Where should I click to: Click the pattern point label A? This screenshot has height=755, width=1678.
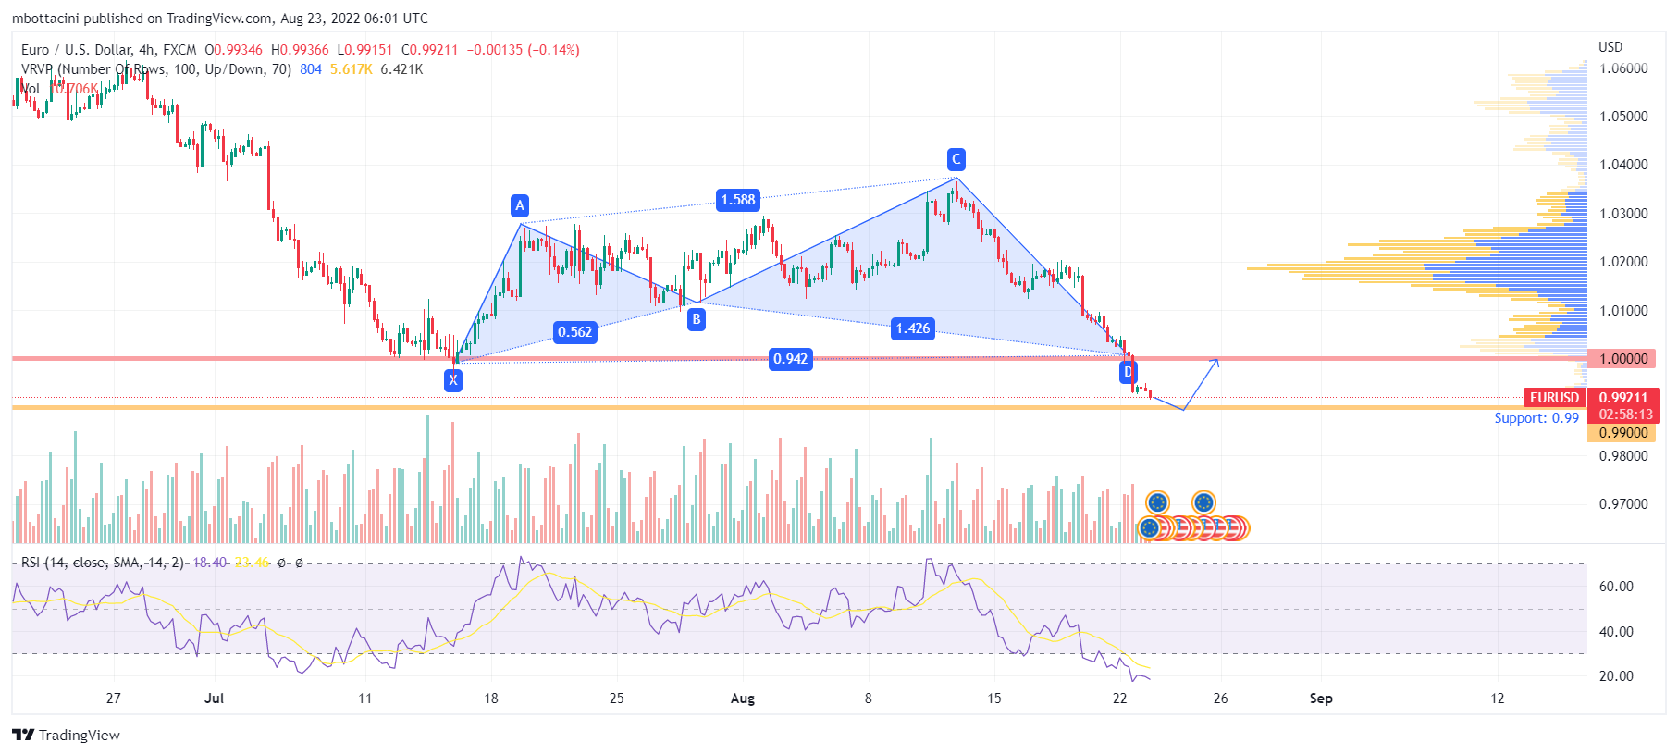point(519,205)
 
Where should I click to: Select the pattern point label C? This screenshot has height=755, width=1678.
point(956,159)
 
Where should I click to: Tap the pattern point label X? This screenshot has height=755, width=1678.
point(453,379)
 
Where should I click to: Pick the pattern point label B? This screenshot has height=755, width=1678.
point(697,319)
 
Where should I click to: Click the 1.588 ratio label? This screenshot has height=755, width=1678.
point(738,200)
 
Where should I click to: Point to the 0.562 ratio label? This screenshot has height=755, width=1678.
point(574,332)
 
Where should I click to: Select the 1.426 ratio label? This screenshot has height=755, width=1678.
point(913,328)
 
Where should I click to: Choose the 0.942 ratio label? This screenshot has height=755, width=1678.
point(791,359)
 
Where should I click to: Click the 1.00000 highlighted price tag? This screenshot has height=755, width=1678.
point(1623,359)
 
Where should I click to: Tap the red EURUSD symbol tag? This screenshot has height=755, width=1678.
point(1554,398)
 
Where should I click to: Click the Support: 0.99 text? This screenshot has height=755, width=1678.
point(1536,418)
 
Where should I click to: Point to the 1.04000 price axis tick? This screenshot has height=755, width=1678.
point(1623,165)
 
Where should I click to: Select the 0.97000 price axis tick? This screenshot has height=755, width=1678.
point(1623,504)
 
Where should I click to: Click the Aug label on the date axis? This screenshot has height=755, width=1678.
point(742,699)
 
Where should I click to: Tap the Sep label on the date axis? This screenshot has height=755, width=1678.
point(1321,699)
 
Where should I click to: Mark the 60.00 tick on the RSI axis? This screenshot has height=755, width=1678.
point(1616,587)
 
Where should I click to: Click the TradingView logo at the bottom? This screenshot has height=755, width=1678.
point(67,735)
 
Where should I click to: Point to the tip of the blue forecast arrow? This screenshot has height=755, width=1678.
point(1218,360)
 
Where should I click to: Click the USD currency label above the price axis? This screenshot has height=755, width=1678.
point(1610,47)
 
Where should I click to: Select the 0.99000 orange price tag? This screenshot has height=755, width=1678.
point(1623,433)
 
